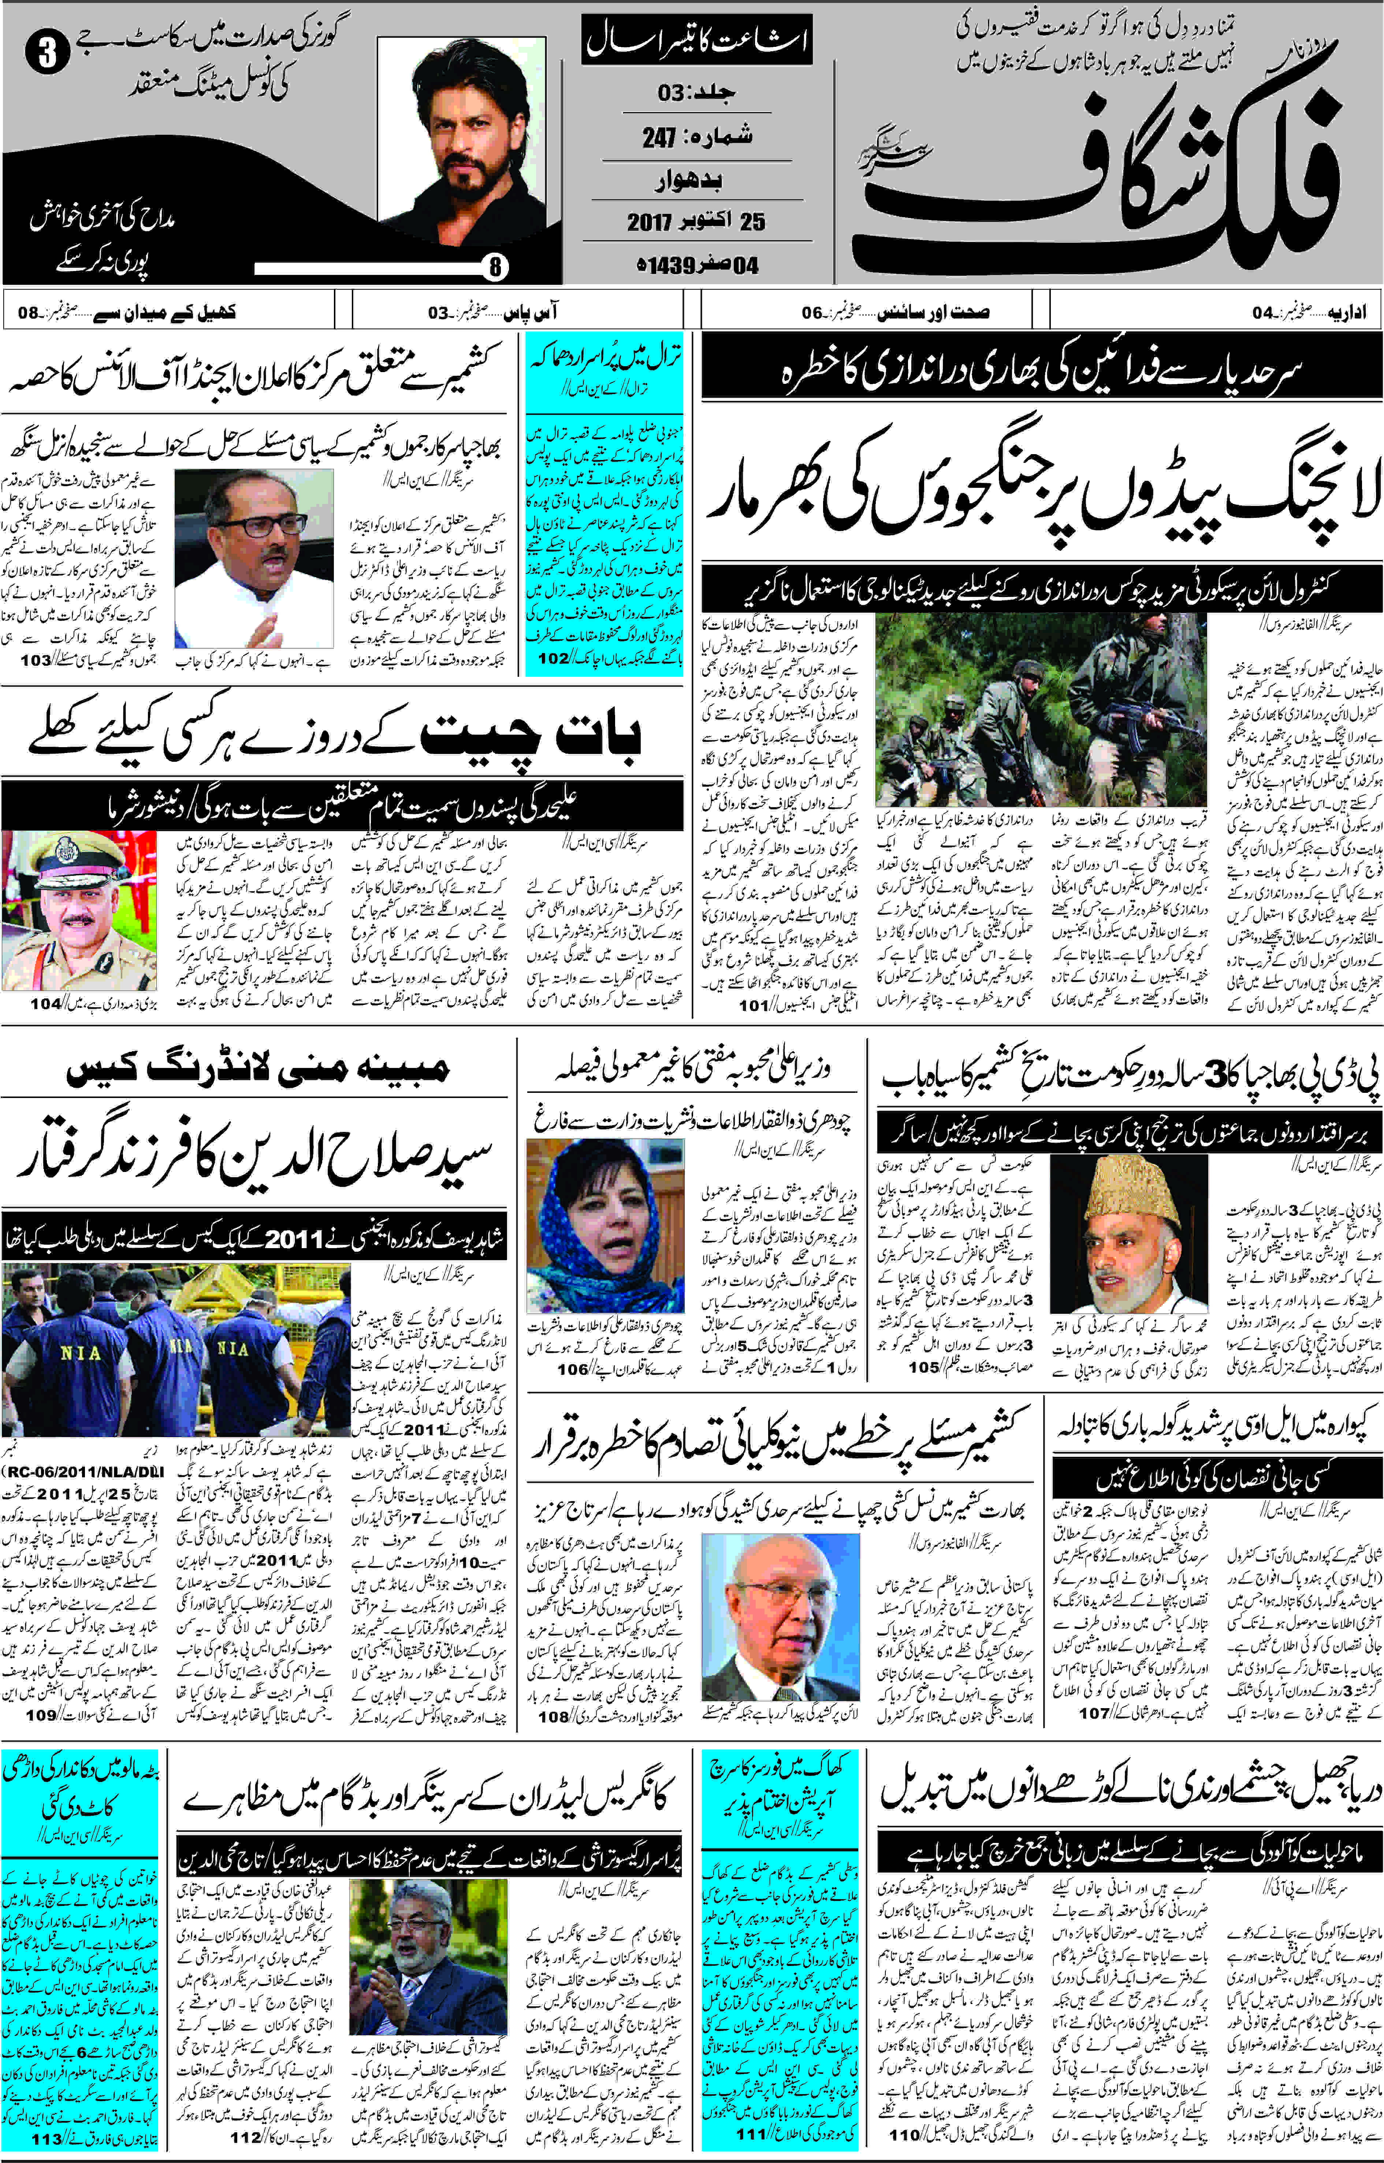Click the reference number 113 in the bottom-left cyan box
coord(47,2140)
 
